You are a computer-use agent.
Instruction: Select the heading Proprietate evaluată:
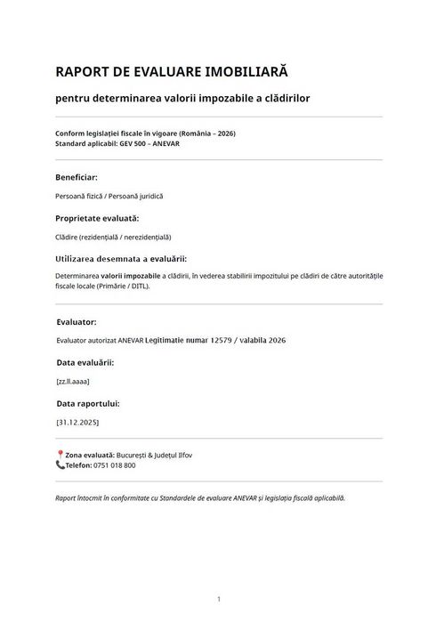pyautogui.click(x=97, y=218)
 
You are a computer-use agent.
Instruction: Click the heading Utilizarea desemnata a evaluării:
pyautogui.click(x=121, y=259)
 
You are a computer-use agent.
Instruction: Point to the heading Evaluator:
pyautogui.click(x=77, y=321)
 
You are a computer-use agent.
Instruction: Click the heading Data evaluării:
pyautogui.click(x=85, y=362)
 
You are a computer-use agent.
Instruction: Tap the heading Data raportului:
pyautogui.click(x=87, y=403)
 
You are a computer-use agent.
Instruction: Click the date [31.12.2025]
pyautogui.click(x=77, y=422)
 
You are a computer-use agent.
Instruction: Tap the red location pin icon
pyautogui.click(x=60, y=455)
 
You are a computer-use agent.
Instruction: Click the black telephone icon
pyautogui.click(x=60, y=464)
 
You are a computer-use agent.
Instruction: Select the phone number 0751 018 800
pyautogui.click(x=114, y=465)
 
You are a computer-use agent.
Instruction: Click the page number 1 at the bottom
pyautogui.click(x=218, y=599)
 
